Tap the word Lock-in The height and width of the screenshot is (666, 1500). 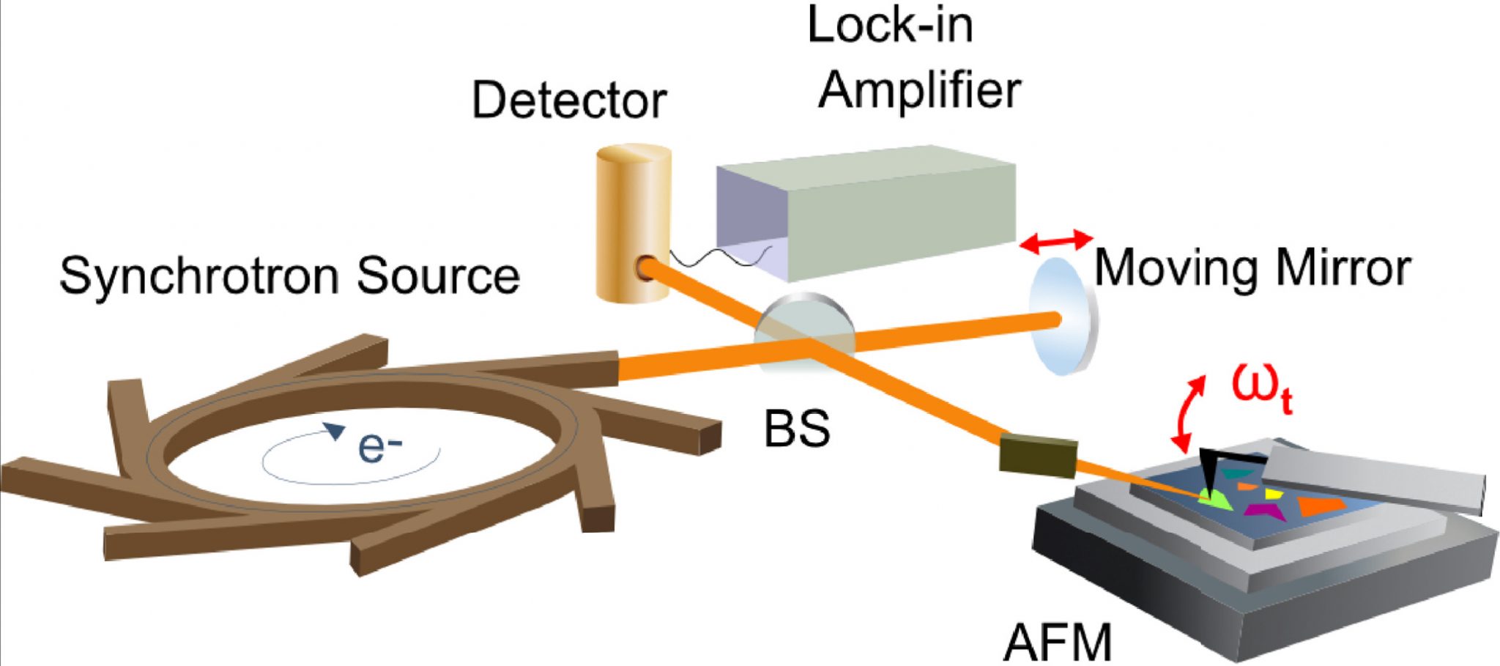(x=890, y=25)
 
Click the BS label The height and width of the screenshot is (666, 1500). (x=797, y=429)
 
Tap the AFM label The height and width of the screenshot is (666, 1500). (x=1057, y=643)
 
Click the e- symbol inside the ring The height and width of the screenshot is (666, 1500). (x=380, y=446)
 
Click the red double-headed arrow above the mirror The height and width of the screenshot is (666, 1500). (x=1055, y=241)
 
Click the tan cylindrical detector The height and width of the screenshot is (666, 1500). (x=633, y=220)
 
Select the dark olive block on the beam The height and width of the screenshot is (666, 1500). (x=1038, y=455)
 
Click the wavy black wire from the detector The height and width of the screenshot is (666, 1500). (x=721, y=258)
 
